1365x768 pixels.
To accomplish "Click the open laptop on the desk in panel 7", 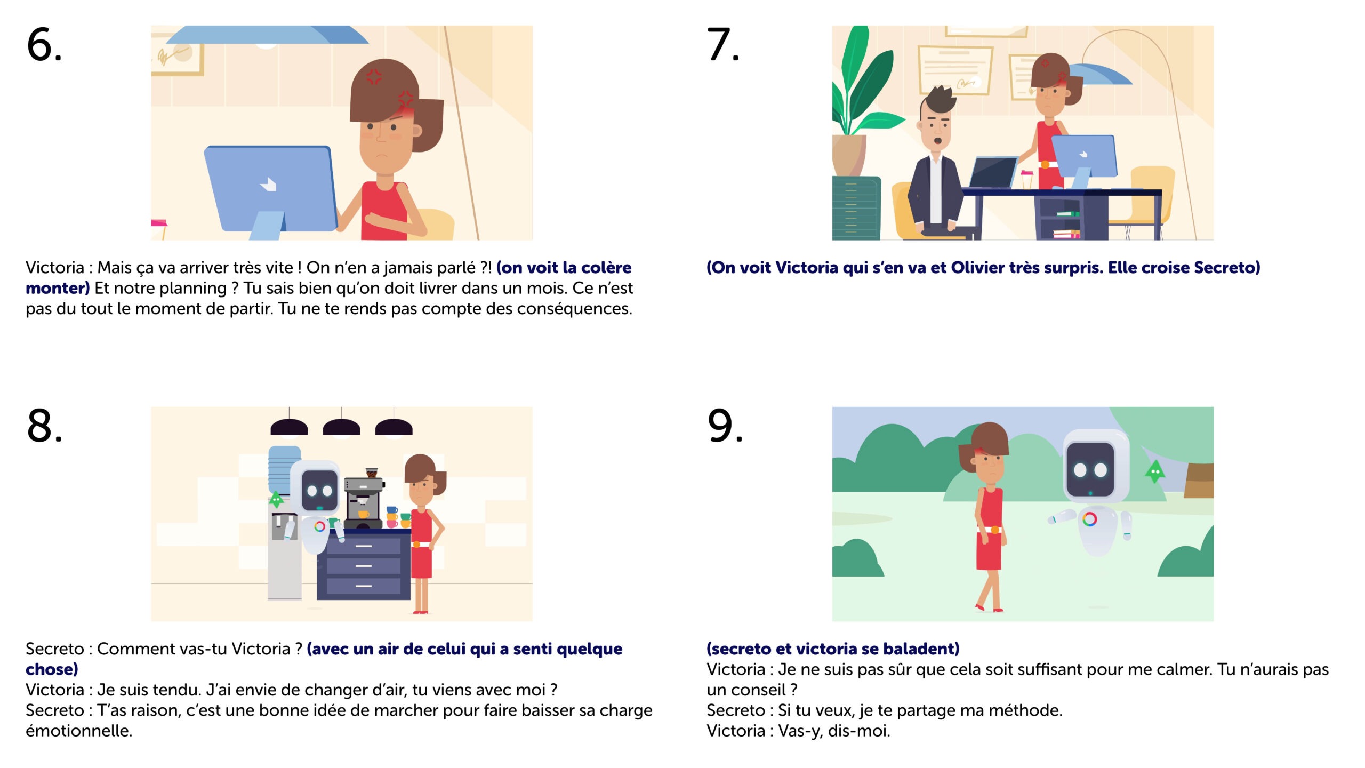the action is point(993,172).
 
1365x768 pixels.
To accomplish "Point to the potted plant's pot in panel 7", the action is point(849,155).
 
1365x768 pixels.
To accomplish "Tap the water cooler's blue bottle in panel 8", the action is point(284,467).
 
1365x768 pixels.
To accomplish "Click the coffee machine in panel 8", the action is point(364,498).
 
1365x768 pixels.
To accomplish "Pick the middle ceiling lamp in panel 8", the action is point(341,427).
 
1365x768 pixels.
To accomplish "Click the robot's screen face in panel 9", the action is point(1090,470).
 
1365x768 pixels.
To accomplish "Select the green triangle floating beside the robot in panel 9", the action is point(1154,471).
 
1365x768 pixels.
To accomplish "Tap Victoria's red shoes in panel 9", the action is point(989,608).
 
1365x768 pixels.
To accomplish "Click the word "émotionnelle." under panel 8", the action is point(79,731).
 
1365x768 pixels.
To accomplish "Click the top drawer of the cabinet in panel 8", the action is point(364,546).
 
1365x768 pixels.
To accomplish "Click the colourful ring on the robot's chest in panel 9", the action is point(1090,519).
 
